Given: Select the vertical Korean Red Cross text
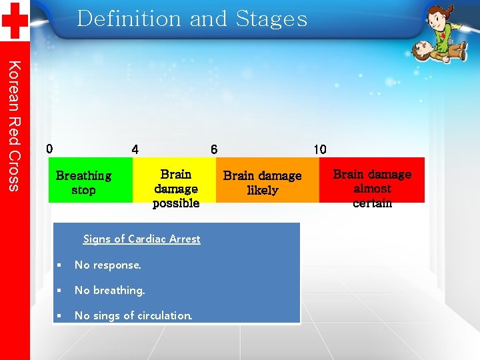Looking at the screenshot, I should tap(15, 125).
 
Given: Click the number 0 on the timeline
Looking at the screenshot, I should tap(49, 149).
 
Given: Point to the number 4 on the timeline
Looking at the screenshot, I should tap(135, 149).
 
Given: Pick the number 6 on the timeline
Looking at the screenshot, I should tap(213, 149).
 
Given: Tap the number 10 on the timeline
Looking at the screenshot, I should tap(320, 149).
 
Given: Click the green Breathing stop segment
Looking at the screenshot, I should tap(90, 180).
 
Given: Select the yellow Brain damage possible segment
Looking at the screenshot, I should tap(175, 180).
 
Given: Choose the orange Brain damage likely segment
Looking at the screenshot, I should tap(267, 180).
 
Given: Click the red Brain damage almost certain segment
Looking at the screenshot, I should tap(372, 180).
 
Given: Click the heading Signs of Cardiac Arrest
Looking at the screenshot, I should tap(141, 239).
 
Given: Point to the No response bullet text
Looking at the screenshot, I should tap(108, 265).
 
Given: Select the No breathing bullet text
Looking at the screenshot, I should tap(109, 291).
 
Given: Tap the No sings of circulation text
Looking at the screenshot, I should tap(133, 316).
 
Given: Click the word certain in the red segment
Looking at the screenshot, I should tap(372, 203).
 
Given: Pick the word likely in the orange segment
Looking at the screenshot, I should tap(262, 191).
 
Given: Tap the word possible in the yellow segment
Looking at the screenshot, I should tap(176, 203).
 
